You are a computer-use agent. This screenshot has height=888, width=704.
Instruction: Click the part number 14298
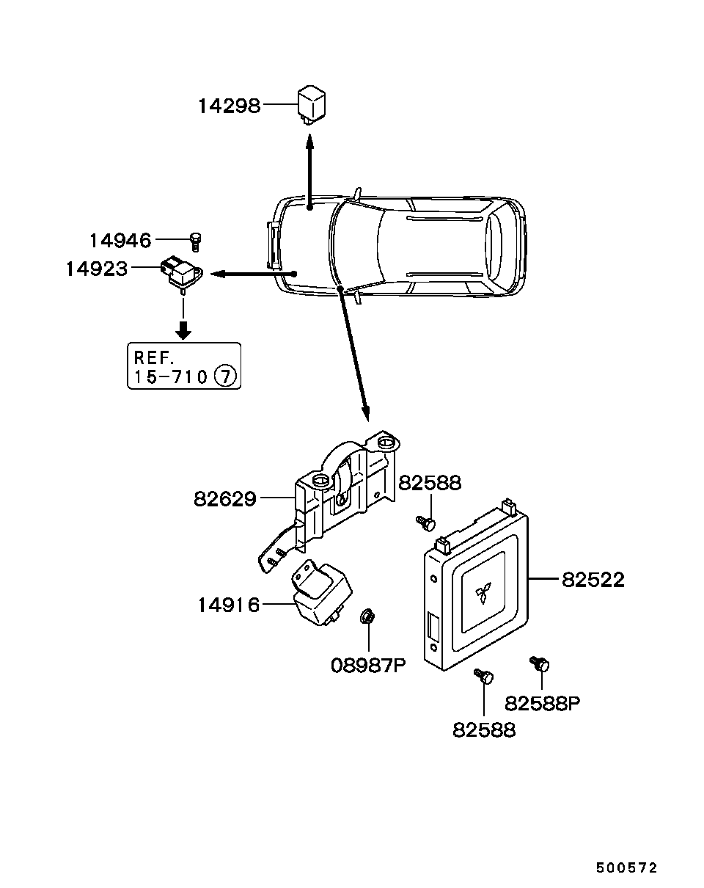230,106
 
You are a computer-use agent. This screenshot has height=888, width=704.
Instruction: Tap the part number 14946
120,241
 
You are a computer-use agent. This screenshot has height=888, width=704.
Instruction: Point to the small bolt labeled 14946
195,241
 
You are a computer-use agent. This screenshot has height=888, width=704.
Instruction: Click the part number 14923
97,269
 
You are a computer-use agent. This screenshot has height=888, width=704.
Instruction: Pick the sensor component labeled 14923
181,273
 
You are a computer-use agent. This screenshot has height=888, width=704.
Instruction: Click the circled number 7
226,376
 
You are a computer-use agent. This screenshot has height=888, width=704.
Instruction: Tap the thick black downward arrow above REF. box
183,330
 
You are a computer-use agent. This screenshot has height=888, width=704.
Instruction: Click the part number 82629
225,499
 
